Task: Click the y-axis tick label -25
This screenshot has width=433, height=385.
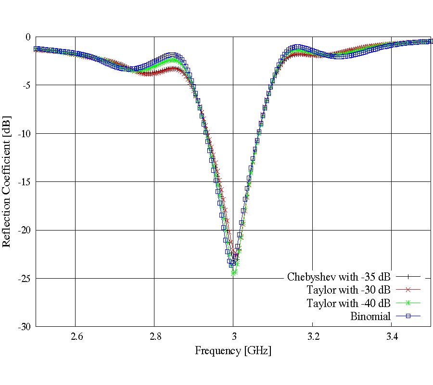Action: coord(24,279)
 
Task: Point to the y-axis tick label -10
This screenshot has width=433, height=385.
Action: coord(24,133)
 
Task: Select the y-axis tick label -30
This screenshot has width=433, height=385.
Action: coord(24,327)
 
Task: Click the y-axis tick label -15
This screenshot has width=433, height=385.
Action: coord(24,182)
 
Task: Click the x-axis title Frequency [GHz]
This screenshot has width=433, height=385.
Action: coord(233,350)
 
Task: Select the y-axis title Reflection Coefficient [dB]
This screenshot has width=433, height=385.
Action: coord(7,181)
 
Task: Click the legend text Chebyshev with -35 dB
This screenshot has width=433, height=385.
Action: coord(339,277)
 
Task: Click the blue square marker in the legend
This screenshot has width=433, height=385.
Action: coord(408,316)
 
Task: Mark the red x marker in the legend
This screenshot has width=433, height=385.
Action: coord(408,290)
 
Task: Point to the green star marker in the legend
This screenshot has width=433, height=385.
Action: coord(408,303)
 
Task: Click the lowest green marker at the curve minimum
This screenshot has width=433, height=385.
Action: coord(234,272)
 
